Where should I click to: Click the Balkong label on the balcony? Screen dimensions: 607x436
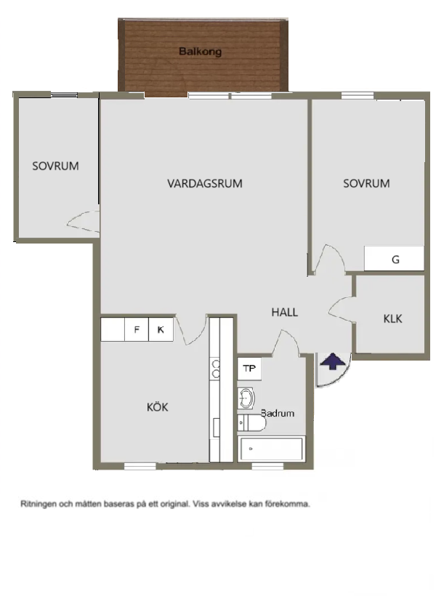point(200,52)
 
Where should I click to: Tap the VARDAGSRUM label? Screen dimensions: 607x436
point(204,184)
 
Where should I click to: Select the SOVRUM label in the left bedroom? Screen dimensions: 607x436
point(55,166)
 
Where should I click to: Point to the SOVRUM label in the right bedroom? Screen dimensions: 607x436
point(366,184)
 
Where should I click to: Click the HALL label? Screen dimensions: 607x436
point(284,313)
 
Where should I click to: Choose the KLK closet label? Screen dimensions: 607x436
point(392,318)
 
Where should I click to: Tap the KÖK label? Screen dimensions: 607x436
point(157,407)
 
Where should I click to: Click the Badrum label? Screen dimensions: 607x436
point(278,413)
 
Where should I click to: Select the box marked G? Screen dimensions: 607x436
point(395,260)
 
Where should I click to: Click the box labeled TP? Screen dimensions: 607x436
point(249,369)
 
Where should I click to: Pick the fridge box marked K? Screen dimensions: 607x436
point(161,330)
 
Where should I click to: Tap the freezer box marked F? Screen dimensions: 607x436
point(136,330)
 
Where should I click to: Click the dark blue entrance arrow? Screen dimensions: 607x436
point(331,361)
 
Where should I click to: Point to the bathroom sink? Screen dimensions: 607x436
point(247,398)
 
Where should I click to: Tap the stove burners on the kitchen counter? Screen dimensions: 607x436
point(215,369)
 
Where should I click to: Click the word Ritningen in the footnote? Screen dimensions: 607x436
point(40,503)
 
